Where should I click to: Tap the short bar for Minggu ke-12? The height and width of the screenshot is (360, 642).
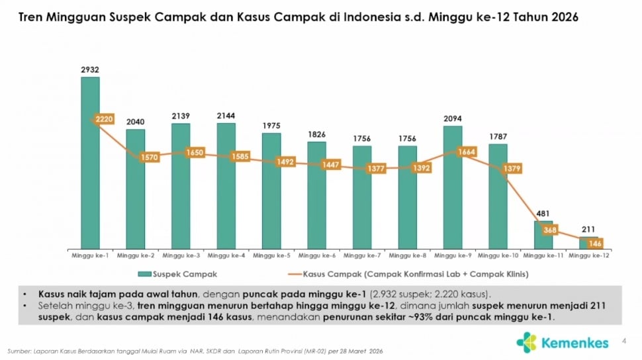pos(588,242)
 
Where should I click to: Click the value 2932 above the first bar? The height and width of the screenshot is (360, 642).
pos(90,69)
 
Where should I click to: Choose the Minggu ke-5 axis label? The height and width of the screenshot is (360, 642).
pos(271,254)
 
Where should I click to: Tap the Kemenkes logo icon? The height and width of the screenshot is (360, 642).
pos(527,342)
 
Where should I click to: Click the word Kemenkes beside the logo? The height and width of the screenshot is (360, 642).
pos(574,343)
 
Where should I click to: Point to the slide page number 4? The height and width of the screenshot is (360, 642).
pos(624,341)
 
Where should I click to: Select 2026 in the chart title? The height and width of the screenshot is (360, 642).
pos(563,17)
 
